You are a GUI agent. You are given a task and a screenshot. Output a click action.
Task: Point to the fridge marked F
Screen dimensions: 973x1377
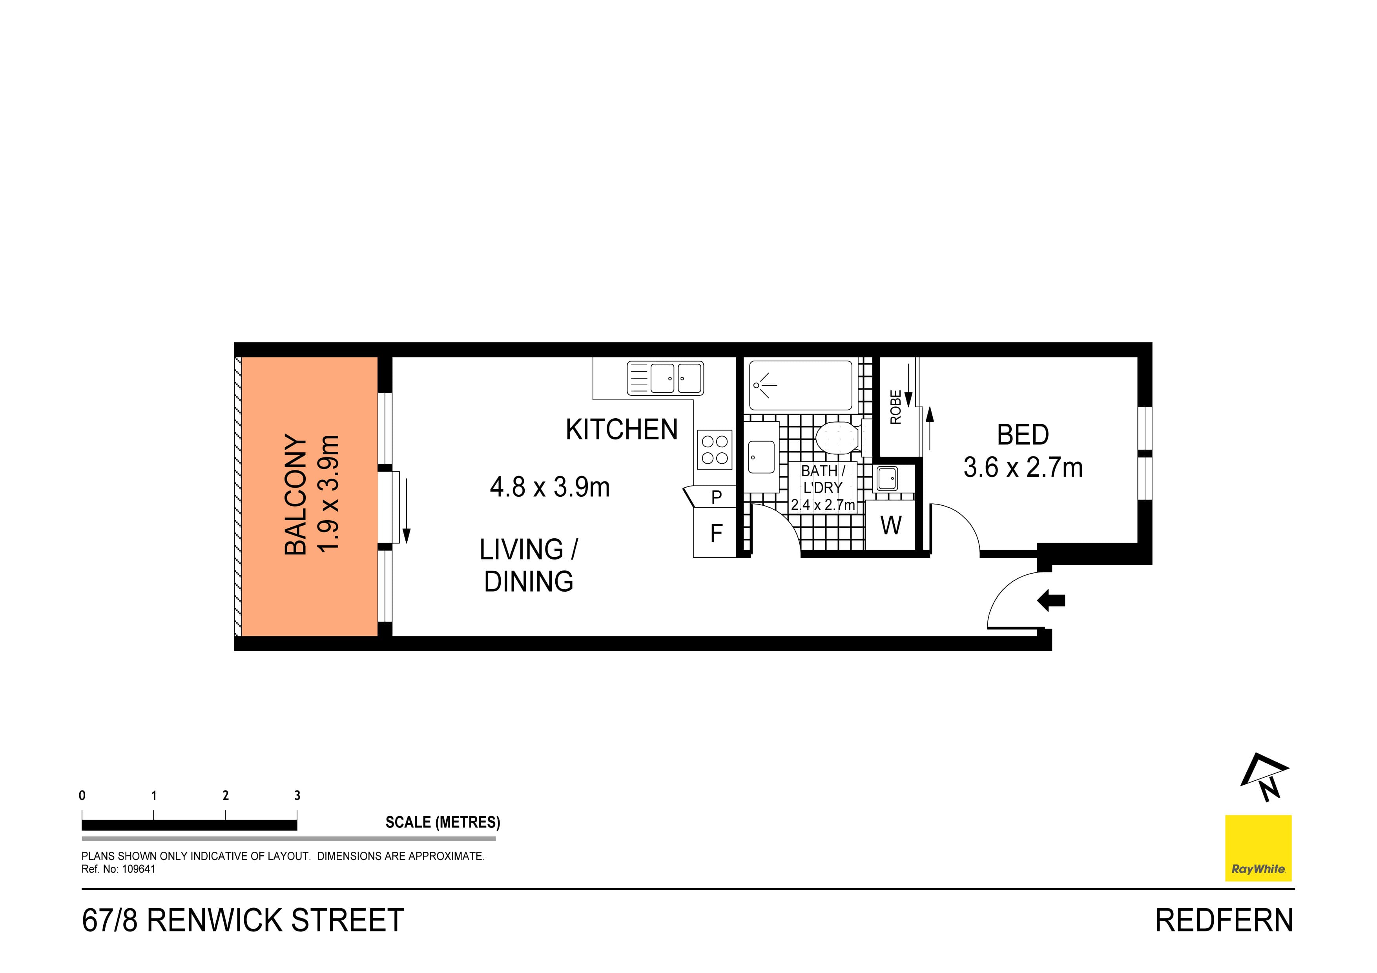pyautogui.click(x=715, y=533)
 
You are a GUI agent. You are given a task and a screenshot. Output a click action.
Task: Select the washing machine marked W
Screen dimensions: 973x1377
pyautogui.click(x=891, y=526)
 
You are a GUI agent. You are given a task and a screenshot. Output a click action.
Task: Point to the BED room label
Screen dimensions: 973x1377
pyautogui.click(x=1023, y=435)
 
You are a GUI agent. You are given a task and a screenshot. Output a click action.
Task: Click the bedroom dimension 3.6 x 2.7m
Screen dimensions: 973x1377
pyautogui.click(x=1023, y=468)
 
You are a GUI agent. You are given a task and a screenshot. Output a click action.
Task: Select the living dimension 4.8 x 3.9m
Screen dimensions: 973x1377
pyautogui.click(x=549, y=487)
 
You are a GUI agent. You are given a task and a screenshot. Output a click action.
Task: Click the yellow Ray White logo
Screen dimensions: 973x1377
pyautogui.click(x=1258, y=848)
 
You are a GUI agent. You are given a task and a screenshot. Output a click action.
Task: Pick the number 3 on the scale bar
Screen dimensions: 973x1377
pyautogui.click(x=297, y=796)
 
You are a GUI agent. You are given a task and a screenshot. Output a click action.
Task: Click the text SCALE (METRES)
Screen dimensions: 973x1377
pyautogui.click(x=443, y=822)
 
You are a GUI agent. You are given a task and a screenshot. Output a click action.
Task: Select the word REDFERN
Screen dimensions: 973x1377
pyautogui.click(x=1224, y=921)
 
